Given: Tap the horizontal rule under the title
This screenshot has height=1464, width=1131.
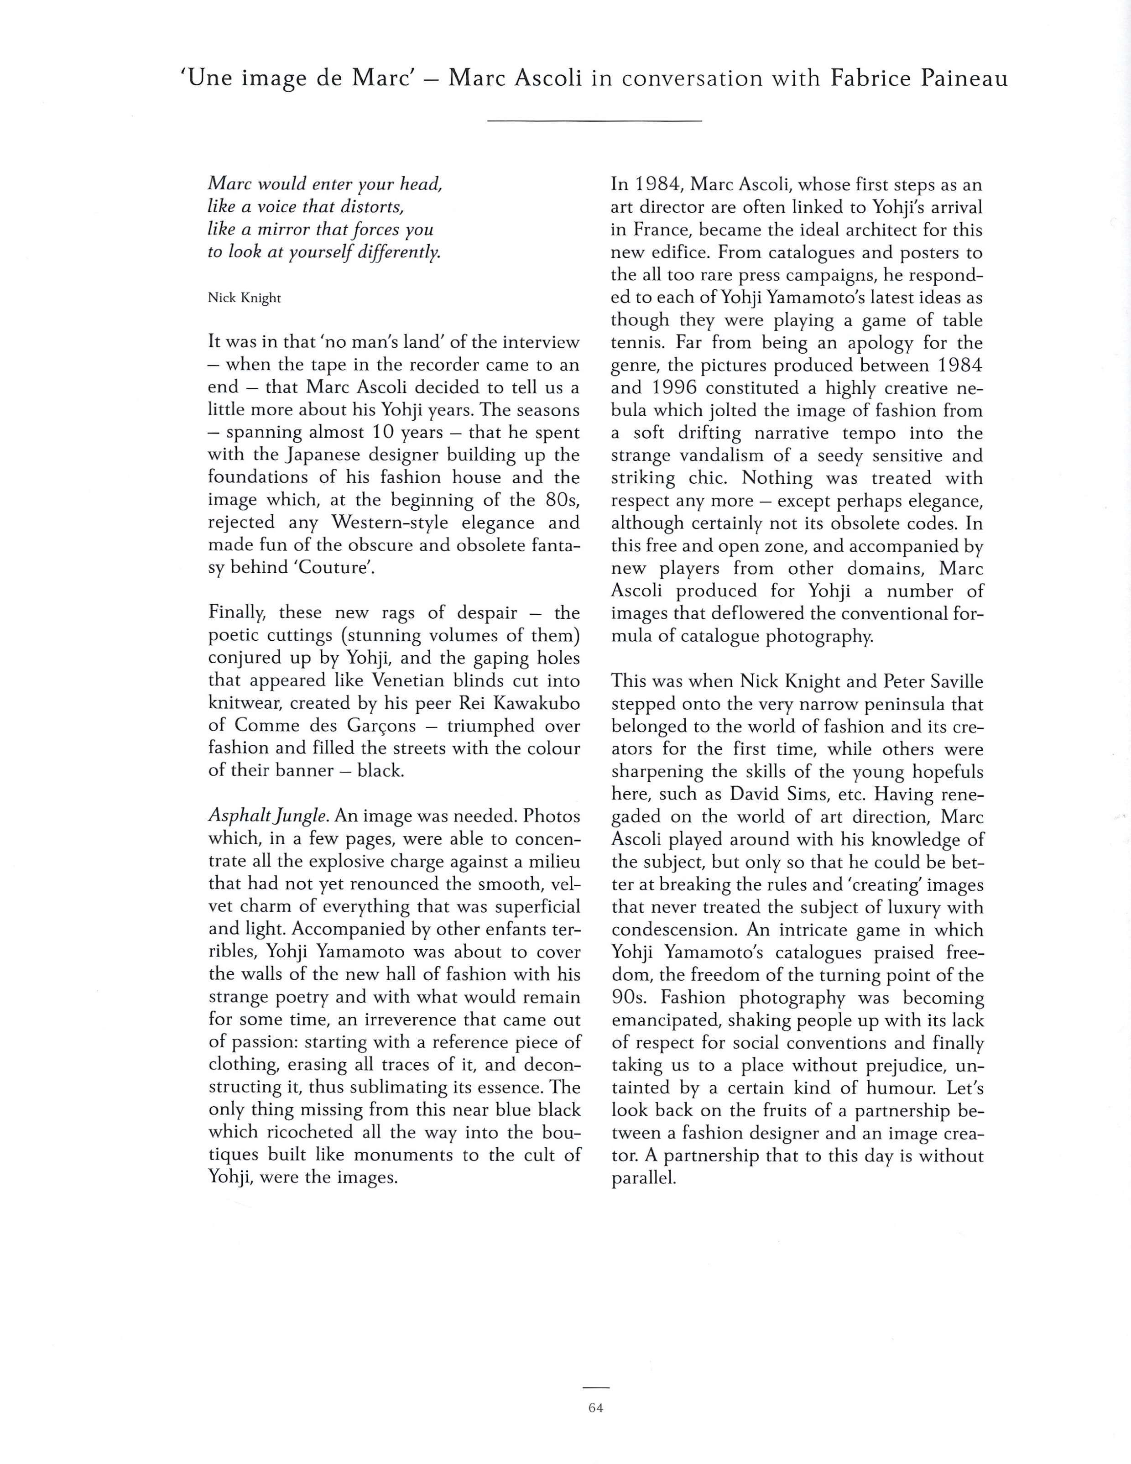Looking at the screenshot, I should [594, 120].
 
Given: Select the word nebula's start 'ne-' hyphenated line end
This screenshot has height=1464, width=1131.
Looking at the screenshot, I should [970, 388].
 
